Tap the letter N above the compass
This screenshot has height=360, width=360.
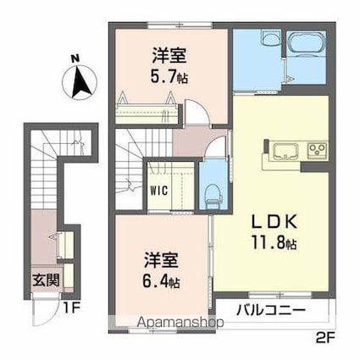tap(75, 58)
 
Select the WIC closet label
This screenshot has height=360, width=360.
tap(159, 191)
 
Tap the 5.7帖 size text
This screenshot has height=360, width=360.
tap(169, 76)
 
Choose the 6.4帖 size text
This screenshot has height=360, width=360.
tap(161, 280)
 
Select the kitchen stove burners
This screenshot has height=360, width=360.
tap(317, 152)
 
